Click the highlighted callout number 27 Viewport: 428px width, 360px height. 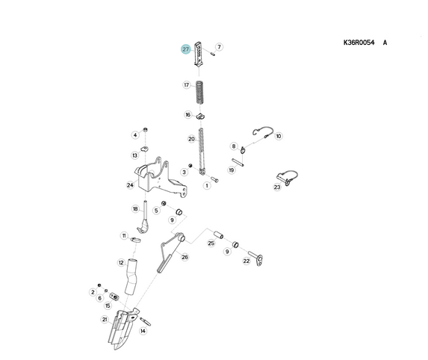(185, 49)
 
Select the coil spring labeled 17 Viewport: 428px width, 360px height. (200, 93)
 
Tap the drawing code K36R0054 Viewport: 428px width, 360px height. (359, 43)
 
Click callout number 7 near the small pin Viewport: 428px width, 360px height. (219, 47)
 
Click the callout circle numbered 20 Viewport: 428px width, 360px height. (192, 139)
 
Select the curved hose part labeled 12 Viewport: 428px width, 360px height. (131, 276)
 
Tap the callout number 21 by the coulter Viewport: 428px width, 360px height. (105, 320)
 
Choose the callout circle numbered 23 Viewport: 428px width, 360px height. (277, 187)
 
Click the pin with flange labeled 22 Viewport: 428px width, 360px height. (256, 258)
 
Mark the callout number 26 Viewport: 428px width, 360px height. (184, 257)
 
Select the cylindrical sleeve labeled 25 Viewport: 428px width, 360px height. (218, 235)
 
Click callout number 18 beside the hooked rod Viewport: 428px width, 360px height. (135, 209)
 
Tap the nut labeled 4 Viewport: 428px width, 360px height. (146, 129)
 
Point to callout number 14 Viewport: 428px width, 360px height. (143, 331)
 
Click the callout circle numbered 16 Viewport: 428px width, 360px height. (187, 114)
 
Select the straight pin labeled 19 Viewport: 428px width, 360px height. (238, 162)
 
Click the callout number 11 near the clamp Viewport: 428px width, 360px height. (124, 235)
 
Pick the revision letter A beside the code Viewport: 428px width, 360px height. (385, 43)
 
